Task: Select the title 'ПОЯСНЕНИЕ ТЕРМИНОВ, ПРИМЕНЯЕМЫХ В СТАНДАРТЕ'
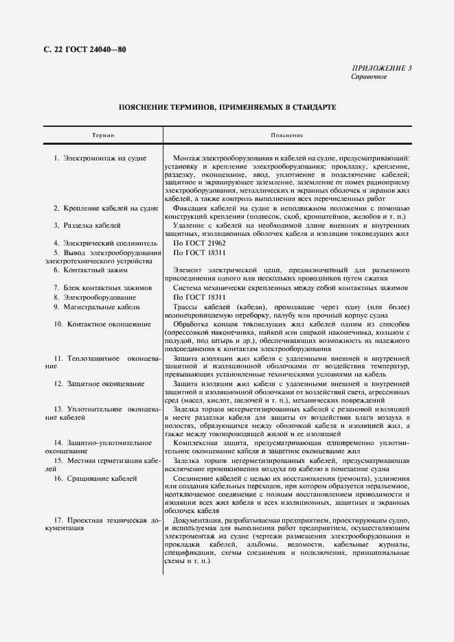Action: (227, 108)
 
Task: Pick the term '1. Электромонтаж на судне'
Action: (100, 158)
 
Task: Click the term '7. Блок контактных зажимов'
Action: (102, 288)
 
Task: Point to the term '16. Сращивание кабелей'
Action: (94, 477)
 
